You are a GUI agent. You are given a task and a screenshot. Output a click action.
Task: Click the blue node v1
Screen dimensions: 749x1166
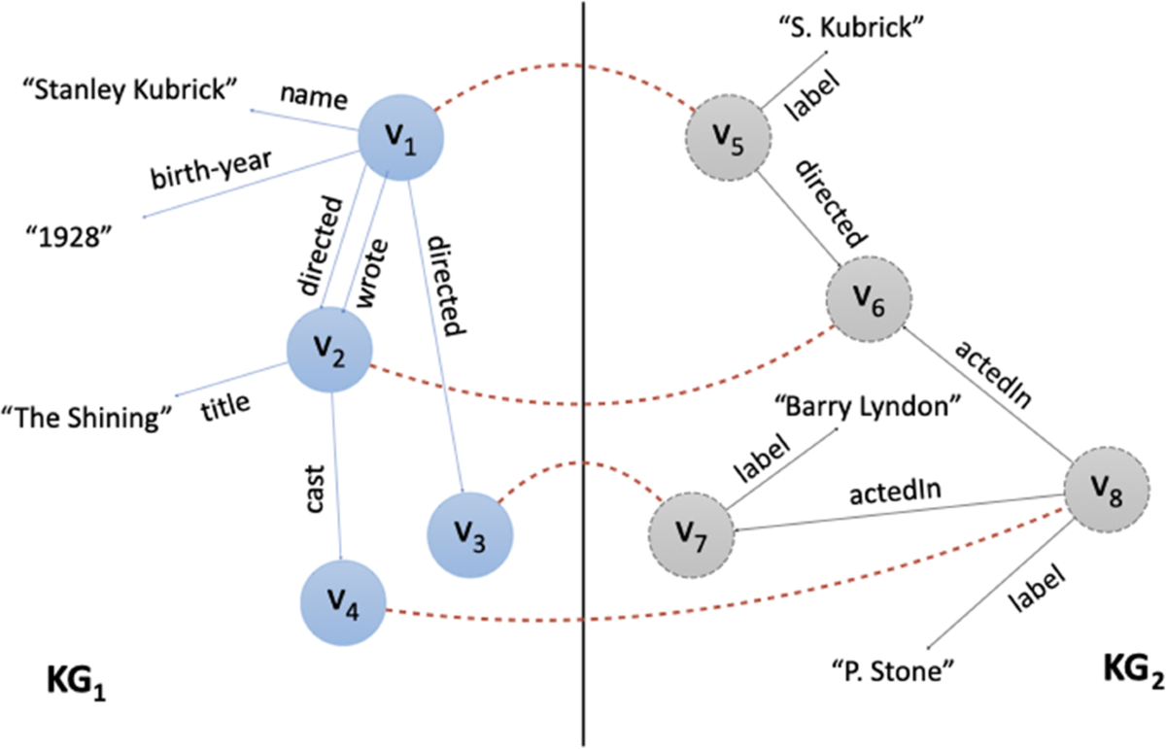click(401, 142)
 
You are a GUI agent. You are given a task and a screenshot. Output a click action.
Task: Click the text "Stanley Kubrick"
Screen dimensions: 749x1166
click(130, 92)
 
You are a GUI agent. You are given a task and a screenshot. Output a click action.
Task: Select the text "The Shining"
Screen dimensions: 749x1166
click(92, 418)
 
